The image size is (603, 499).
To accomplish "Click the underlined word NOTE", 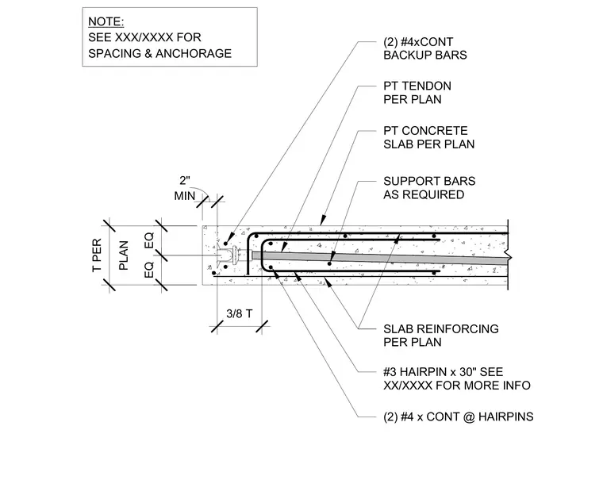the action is point(106,21).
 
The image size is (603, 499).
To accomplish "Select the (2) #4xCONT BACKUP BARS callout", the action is point(425,48).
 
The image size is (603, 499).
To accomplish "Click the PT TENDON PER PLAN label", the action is point(417,93).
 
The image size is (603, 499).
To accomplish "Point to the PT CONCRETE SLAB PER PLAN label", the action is point(428,137).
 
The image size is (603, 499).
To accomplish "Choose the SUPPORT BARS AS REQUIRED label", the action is point(429,187).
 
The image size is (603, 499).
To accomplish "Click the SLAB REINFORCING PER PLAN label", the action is point(440,336).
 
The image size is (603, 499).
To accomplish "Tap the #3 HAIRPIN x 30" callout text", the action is point(443,372).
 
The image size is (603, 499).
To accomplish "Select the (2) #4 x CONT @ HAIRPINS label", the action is point(458,416).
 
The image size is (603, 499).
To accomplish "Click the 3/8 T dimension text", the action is point(239,313).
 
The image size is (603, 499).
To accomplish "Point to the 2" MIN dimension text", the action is point(185,188).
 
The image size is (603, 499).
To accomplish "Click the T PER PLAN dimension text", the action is point(110,255).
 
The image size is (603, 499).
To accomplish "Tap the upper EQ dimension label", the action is point(149,240).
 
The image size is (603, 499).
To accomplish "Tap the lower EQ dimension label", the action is point(149,270).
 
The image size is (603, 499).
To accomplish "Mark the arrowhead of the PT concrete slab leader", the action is point(322,221).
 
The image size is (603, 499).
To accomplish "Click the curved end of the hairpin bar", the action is point(263,255).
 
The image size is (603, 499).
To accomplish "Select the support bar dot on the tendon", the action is point(329,263).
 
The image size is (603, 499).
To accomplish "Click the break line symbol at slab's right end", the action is point(509,255).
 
